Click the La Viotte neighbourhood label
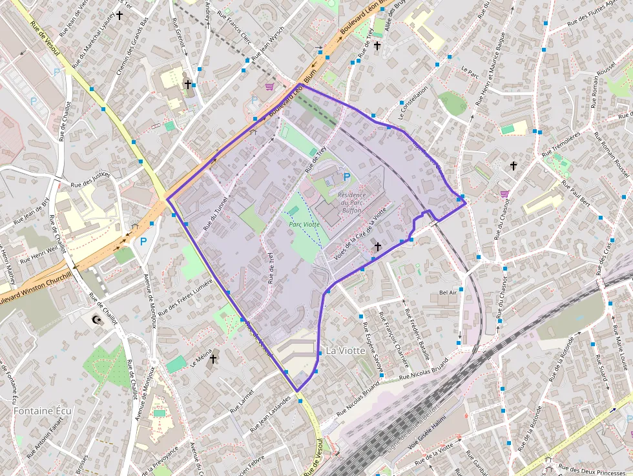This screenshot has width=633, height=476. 345,351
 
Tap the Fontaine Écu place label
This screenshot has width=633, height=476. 43,411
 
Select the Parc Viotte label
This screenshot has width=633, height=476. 304,225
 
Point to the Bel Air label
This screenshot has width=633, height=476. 448,293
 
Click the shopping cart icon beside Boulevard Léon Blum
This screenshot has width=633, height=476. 269,86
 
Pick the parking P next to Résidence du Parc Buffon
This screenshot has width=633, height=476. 347,176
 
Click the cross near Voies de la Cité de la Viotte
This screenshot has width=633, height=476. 377,246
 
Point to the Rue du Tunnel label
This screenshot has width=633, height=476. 216,214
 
